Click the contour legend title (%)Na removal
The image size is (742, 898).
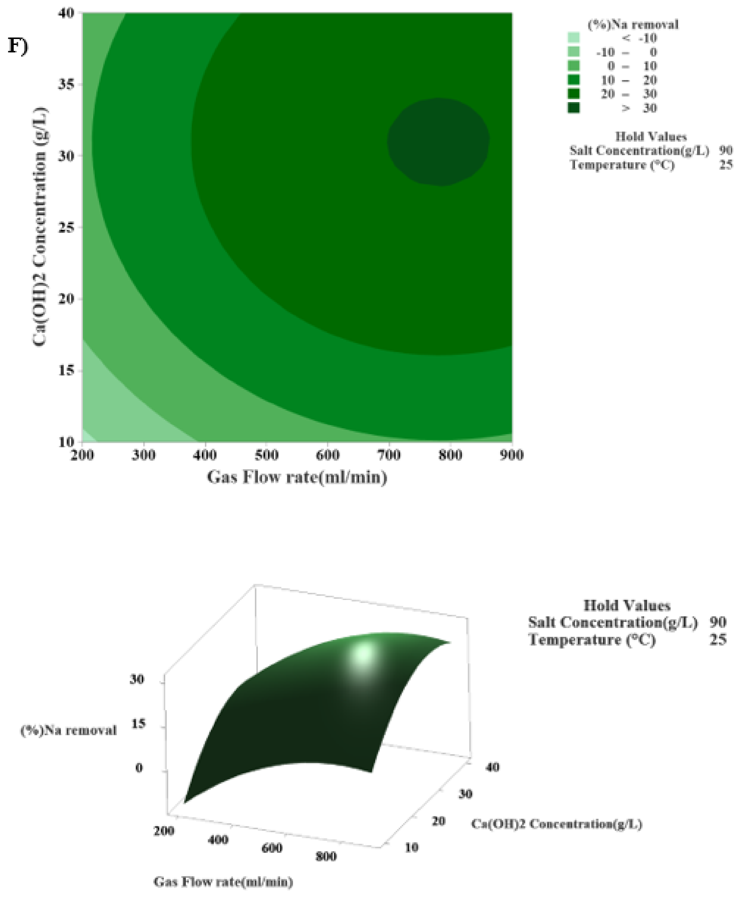pyautogui.click(x=633, y=25)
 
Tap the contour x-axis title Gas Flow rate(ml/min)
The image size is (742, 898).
pyautogui.click(x=297, y=477)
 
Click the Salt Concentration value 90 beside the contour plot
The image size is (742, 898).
pyautogui.click(x=726, y=150)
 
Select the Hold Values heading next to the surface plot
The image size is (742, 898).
pyautogui.click(x=626, y=606)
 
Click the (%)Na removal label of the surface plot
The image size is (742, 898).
pyautogui.click(x=68, y=730)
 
